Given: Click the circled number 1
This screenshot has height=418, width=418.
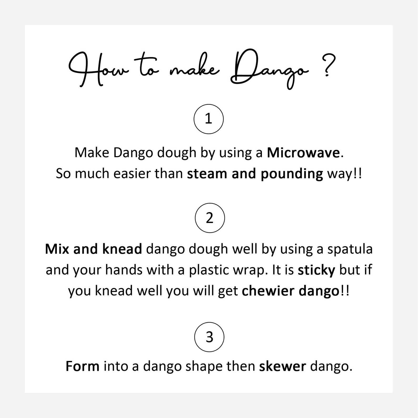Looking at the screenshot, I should (208, 119).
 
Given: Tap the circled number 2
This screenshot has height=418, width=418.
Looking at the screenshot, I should (210, 218).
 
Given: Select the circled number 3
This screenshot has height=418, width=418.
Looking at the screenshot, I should (209, 337).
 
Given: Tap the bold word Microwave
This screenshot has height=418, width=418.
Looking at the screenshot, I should (303, 153).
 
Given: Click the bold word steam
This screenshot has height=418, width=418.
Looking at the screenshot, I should (208, 174).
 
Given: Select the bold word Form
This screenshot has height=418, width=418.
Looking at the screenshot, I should (82, 366).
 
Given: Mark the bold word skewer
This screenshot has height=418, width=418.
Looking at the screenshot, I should (282, 366).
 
